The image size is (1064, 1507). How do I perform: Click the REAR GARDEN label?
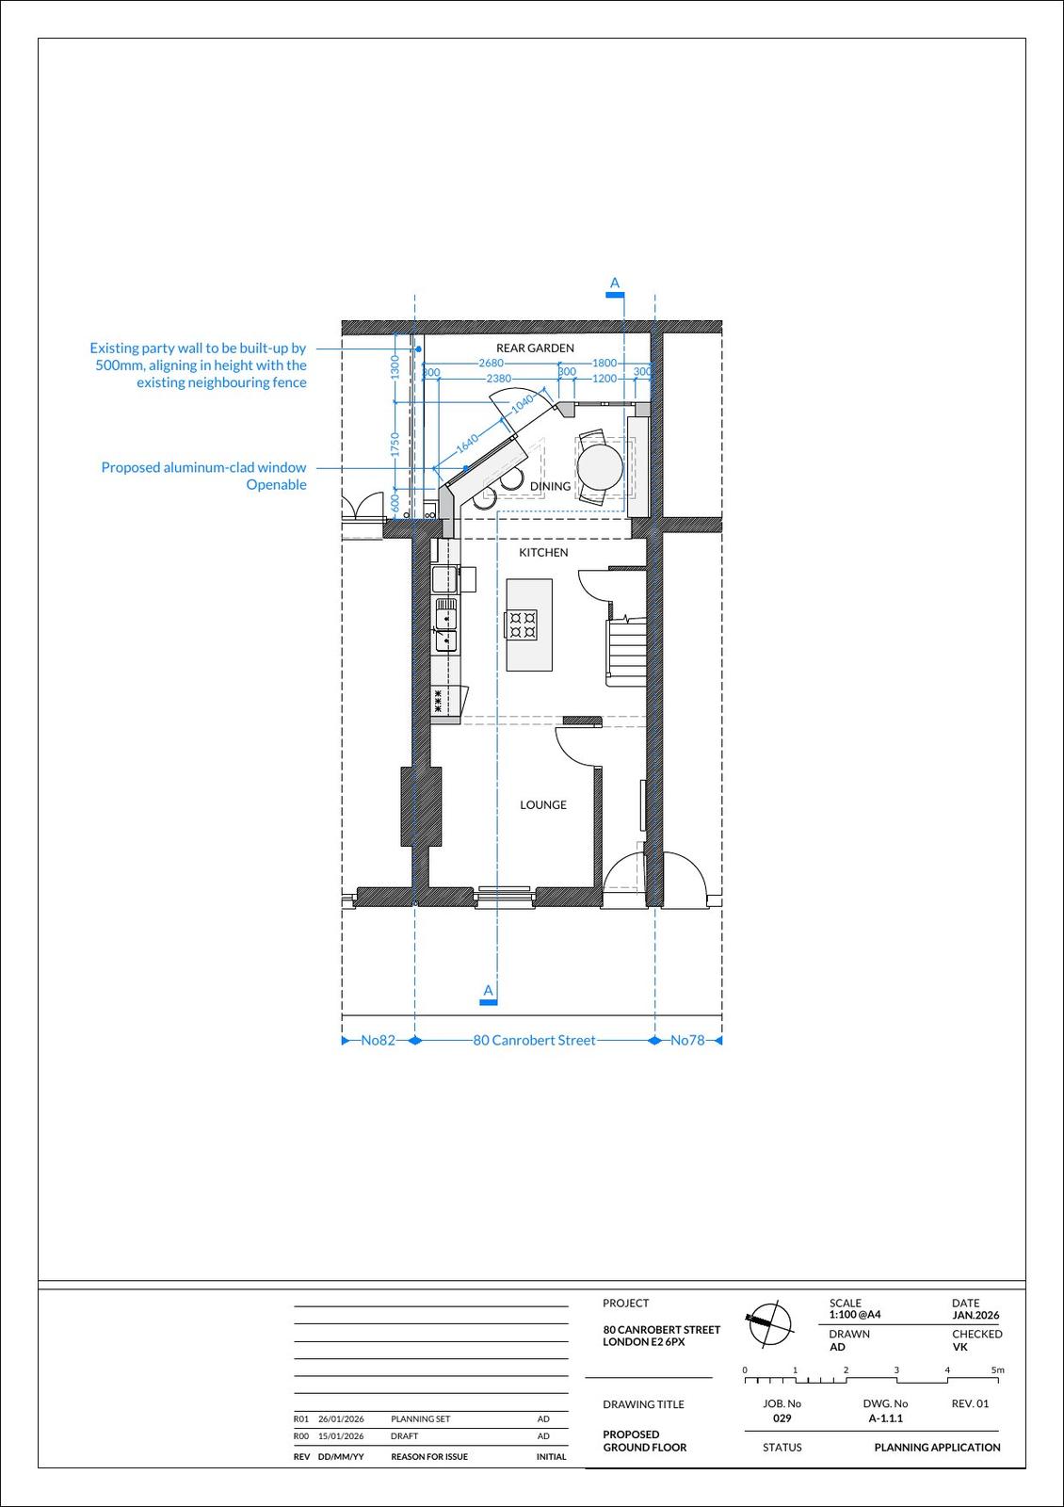click(x=535, y=348)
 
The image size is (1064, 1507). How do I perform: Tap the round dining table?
click(x=600, y=464)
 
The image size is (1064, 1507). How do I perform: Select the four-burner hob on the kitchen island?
click(x=521, y=624)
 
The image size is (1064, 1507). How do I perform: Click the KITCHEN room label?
click(x=543, y=553)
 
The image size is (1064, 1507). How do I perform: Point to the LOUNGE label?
click(x=543, y=805)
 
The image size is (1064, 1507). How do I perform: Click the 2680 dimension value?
click(x=491, y=363)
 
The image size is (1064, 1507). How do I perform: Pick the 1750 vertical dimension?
click(x=395, y=445)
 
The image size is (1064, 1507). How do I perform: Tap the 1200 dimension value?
click(x=605, y=379)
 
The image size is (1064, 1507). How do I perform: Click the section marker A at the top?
click(x=615, y=284)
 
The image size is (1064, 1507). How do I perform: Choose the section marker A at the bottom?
click(x=488, y=991)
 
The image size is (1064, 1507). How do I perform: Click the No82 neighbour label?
click(x=378, y=1041)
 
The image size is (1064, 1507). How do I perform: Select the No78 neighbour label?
click(x=687, y=1041)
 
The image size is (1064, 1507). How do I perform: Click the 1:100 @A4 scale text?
click(x=855, y=1315)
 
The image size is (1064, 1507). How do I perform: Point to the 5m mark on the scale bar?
click(x=997, y=1370)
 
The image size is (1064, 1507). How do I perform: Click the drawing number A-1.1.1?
click(x=885, y=1418)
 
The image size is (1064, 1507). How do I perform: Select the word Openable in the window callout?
click(x=276, y=485)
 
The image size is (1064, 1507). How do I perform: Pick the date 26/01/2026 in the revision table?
click(x=341, y=1419)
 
